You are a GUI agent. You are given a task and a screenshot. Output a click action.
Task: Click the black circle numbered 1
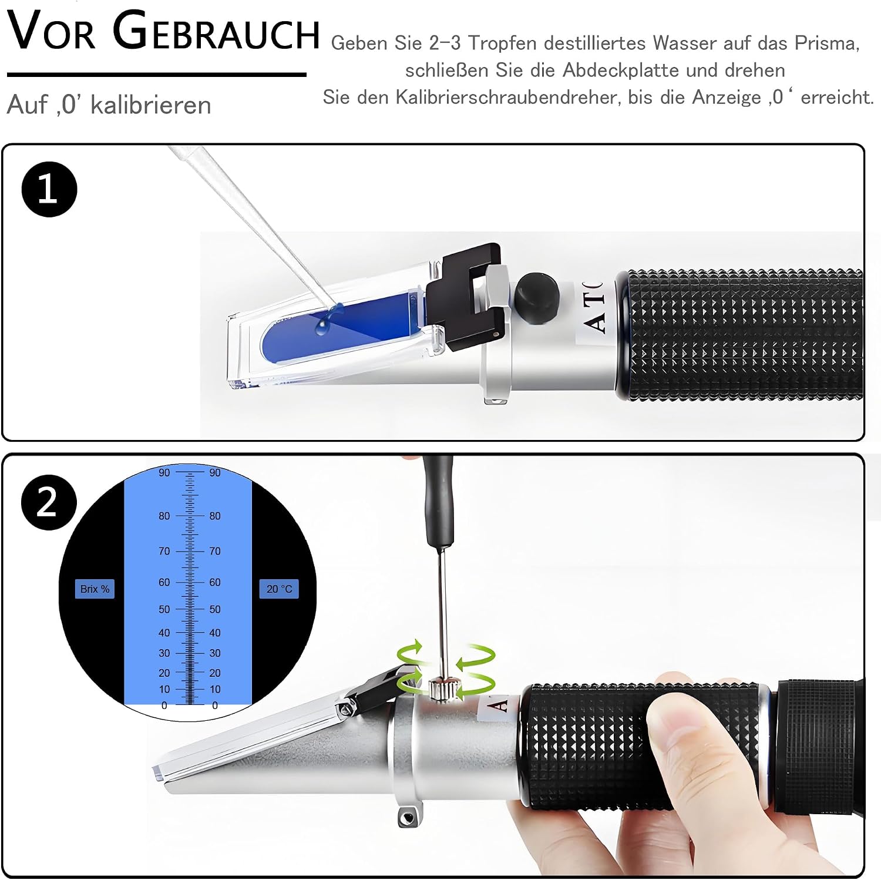point(49,189)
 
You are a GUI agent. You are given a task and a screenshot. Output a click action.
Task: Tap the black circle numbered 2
point(49,502)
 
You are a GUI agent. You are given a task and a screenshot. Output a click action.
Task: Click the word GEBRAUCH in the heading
point(216,32)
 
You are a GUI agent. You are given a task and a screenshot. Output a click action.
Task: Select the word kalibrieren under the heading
point(150,105)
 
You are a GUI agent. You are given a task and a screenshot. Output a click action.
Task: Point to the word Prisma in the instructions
point(827,43)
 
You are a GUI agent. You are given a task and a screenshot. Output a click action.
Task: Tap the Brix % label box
point(95,589)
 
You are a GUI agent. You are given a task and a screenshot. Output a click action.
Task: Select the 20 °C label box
point(279,589)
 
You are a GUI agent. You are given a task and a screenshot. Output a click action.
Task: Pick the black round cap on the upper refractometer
point(537,297)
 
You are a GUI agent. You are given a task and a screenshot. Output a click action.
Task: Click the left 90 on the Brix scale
point(164,473)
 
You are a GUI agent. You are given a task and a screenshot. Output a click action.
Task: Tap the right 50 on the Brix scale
point(215,610)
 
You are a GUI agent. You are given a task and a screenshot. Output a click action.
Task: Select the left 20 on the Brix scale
point(164,673)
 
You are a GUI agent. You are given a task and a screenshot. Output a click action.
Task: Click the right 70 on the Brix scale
point(215,552)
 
